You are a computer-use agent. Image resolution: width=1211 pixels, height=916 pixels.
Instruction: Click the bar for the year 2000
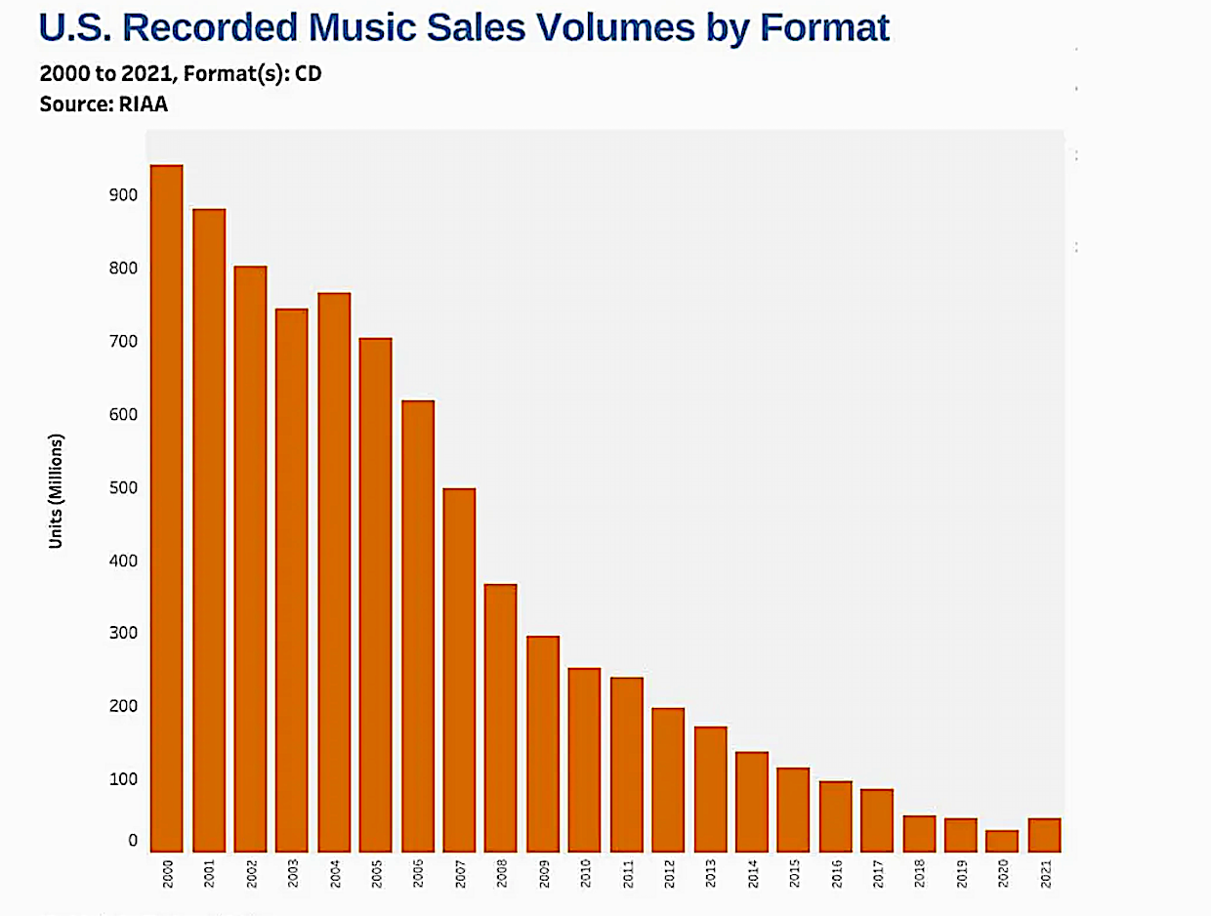pos(166,508)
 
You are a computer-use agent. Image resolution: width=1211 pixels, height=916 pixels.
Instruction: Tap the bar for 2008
pos(500,718)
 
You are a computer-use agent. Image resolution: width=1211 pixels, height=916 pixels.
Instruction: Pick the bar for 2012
pos(667,779)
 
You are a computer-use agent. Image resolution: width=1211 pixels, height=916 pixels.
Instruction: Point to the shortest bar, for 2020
pos(1001,841)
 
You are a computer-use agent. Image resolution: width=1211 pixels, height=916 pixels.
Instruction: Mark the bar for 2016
pos(835,816)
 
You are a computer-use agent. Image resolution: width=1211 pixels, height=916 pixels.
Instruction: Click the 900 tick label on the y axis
pos(124,195)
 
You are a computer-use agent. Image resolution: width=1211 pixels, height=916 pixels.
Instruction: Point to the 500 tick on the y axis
pos(124,488)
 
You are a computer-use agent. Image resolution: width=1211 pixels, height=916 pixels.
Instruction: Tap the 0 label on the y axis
pos(132,841)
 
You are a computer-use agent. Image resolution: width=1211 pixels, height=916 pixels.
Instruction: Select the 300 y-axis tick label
pos(124,634)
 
